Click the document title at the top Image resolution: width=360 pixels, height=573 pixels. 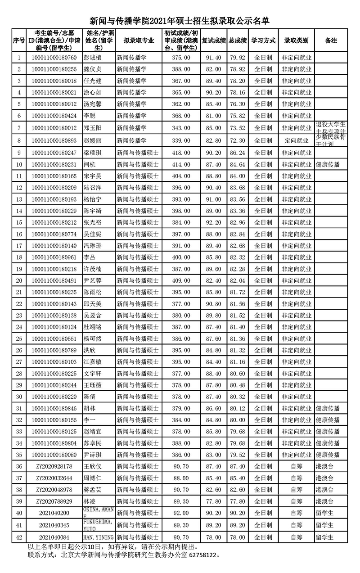[180, 21]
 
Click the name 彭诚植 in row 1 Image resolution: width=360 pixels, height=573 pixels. [93, 58]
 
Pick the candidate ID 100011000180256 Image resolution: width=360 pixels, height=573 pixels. [54, 69]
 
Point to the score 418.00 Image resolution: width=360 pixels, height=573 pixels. [181, 153]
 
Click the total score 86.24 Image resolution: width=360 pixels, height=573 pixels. [237, 153]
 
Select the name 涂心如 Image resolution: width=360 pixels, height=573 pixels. [93, 93]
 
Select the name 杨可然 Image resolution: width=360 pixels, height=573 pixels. [93, 339]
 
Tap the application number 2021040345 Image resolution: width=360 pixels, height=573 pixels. [54, 525]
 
